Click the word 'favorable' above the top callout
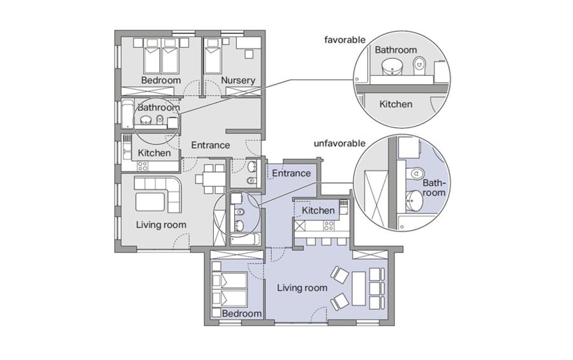click(x=344, y=40)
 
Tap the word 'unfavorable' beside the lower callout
click(x=339, y=143)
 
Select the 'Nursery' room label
click(x=238, y=80)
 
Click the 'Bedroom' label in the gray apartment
click(x=161, y=80)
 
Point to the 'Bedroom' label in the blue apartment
click(x=241, y=313)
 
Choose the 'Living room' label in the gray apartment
click(x=161, y=225)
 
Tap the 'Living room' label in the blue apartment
click(x=302, y=288)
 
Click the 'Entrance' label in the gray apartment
click(x=211, y=145)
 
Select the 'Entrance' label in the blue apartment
click(x=291, y=173)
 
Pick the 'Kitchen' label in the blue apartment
click(x=318, y=210)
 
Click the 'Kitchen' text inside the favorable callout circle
click(x=396, y=104)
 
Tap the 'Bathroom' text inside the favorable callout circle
click(x=396, y=50)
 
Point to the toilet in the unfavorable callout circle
click(x=416, y=172)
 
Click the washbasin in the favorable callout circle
click(x=392, y=66)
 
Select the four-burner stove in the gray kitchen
click(x=143, y=166)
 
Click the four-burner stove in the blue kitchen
click(x=329, y=226)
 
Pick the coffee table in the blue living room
click(x=358, y=288)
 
